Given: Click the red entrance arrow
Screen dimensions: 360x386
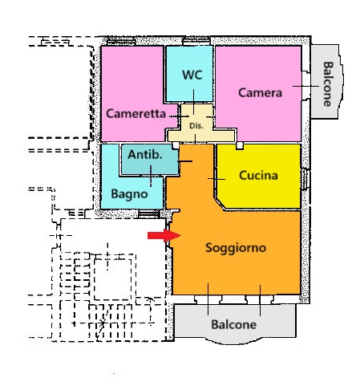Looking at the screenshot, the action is coord(164,235).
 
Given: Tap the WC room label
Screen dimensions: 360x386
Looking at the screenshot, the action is coord(192,75).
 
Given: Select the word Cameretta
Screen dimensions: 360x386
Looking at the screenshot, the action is coord(136,114).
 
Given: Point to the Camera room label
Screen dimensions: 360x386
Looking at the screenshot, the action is coord(260,93).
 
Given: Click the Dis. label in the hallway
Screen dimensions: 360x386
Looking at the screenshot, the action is coord(196,125).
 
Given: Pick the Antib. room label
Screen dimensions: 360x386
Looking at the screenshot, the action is coord(145,154).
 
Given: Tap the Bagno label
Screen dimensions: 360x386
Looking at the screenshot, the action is coord(129,194).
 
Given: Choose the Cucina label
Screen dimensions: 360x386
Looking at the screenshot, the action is coord(258,176).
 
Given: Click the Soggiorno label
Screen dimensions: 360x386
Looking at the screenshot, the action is coord(236,248).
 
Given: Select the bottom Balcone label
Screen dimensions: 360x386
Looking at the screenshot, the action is coord(234,324).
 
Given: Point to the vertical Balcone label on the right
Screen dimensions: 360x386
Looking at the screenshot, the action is coord(328,84).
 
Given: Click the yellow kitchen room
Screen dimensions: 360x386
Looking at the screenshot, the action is coord(258,176).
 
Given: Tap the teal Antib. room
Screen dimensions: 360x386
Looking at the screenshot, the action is coord(150,160).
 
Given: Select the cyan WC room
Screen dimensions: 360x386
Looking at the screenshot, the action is coord(189,74).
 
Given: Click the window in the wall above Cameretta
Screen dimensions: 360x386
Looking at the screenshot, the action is coord(121,41).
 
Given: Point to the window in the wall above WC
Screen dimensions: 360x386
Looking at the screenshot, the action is coord(196,41).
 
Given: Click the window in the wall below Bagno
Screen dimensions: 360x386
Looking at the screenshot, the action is coord(149,213).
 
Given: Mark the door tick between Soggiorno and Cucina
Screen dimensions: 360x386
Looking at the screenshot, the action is coord(216,179).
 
